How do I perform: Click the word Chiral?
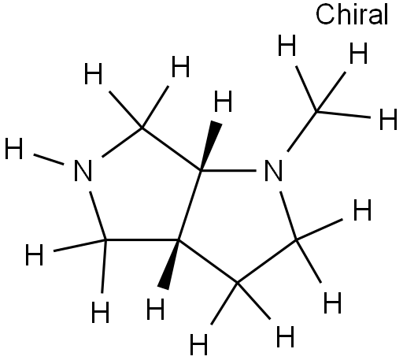(x=352, y=14)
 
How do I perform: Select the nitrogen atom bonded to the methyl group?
(x=273, y=170)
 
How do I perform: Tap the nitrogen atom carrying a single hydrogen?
(x=83, y=170)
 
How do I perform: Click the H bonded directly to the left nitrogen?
(x=14, y=149)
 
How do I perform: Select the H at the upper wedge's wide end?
(x=223, y=101)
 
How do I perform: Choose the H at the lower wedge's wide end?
(x=155, y=309)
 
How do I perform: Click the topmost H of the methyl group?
(x=287, y=45)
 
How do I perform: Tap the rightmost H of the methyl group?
(x=388, y=119)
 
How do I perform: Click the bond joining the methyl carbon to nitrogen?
(x=302, y=132)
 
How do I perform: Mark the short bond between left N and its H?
(x=49, y=160)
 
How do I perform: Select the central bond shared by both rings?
(x=190, y=206)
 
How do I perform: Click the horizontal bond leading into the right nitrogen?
(x=229, y=171)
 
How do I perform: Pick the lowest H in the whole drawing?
(x=198, y=344)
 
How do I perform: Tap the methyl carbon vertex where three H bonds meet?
(x=317, y=112)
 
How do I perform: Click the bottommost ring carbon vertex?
(x=238, y=283)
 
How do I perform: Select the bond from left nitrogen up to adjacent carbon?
(x=122, y=143)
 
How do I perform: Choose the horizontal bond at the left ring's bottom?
(x=142, y=240)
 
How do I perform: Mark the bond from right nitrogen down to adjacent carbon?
(x=288, y=216)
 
